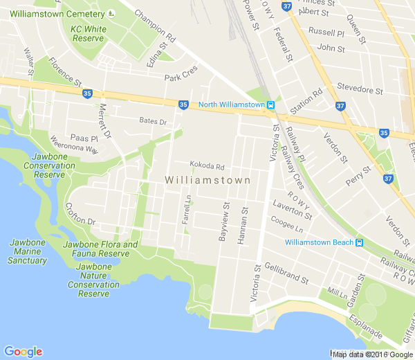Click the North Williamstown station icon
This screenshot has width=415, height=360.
[271, 105]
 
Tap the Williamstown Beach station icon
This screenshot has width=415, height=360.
[359, 243]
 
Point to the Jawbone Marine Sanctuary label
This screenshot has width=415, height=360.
[28, 252]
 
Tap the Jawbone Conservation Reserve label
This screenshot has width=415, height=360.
[50, 165]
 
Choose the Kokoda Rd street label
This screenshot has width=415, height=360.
[207, 166]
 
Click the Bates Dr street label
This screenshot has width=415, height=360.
[153, 122]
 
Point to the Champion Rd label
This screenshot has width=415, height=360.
[155, 24]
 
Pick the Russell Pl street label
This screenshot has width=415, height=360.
[326, 33]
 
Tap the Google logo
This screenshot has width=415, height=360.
[23, 351]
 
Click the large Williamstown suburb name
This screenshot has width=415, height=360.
[207, 180]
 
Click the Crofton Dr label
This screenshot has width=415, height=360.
[80, 214]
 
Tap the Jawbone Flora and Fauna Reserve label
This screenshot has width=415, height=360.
[100, 249]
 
